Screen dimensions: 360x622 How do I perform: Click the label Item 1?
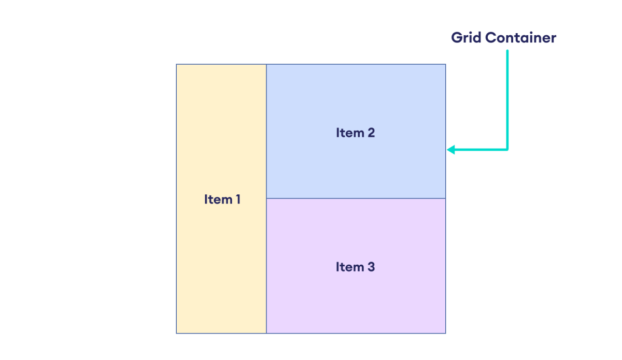click(222, 199)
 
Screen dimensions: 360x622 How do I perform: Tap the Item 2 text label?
click(355, 133)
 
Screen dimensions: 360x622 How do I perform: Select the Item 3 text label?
click(355, 267)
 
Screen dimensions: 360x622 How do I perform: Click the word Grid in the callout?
click(466, 38)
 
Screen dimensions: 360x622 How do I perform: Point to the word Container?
click(520, 38)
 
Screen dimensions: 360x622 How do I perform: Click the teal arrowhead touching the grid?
click(450, 150)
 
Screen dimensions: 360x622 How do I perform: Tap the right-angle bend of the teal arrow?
click(507, 150)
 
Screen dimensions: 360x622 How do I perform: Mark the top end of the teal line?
click(507, 51)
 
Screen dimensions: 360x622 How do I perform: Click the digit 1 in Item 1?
click(237, 199)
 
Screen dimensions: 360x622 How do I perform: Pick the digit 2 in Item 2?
click(371, 133)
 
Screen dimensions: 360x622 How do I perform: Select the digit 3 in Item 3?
click(371, 267)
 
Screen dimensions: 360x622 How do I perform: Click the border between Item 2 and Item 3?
click(356, 198)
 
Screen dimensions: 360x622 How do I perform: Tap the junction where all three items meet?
click(266, 198)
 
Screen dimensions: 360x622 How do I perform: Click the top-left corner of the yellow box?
click(177, 65)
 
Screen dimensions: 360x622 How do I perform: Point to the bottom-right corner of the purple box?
click(445, 333)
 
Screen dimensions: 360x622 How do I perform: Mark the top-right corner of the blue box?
click(445, 65)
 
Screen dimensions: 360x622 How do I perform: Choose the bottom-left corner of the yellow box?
click(177, 333)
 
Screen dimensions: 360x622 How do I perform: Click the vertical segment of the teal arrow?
click(507, 98)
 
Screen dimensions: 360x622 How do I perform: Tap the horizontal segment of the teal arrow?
click(479, 150)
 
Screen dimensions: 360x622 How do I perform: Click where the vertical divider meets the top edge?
click(266, 65)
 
